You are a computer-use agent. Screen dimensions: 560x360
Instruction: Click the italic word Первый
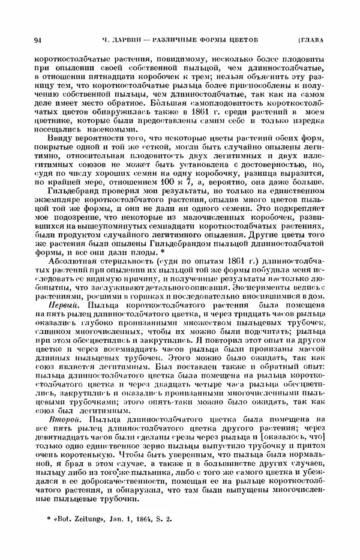62,305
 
